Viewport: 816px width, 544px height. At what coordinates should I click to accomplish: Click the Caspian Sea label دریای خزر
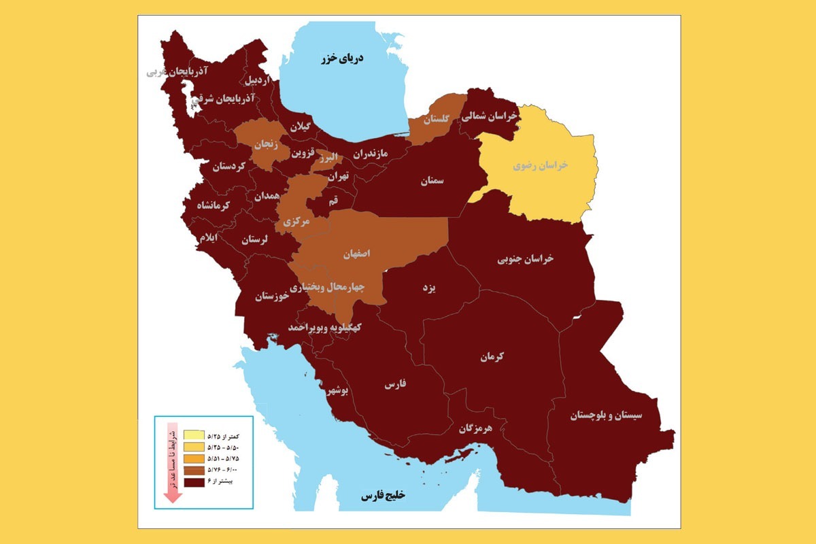(x=343, y=59)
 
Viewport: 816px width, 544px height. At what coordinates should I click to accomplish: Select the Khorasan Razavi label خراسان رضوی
(x=540, y=165)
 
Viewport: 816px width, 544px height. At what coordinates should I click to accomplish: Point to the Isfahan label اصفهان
(x=356, y=253)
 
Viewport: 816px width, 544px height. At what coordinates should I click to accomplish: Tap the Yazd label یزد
(x=428, y=288)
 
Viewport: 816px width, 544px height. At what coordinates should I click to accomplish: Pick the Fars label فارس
(x=395, y=384)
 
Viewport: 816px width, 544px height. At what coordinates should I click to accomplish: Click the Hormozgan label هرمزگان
(x=474, y=428)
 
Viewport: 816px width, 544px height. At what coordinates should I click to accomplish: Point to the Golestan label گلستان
(x=436, y=120)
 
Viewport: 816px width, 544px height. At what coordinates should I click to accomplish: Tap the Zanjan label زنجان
(x=267, y=144)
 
